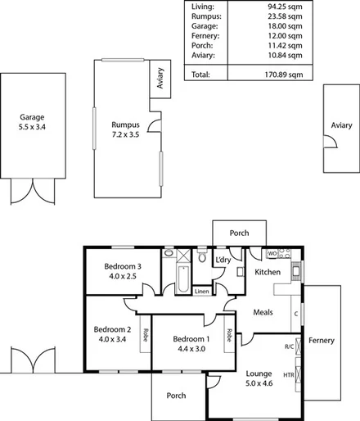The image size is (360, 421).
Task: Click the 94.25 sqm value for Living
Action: pos(281,7)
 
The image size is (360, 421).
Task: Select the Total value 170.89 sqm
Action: pos(279,75)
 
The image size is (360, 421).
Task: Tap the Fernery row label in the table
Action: pos(205,36)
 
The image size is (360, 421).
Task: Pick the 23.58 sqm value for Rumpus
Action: pos(281,16)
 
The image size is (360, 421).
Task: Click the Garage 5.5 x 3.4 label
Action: pos(32,122)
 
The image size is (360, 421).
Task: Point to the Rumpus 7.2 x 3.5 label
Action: pos(127,129)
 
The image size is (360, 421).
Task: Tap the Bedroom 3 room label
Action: pos(123,271)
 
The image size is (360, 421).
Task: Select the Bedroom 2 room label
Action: pos(113,334)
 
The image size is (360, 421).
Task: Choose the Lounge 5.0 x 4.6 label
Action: pos(259,378)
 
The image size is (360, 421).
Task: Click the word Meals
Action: pos(263,311)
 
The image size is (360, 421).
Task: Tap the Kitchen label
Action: pos(268,272)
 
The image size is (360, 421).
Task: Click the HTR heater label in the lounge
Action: pos(288,375)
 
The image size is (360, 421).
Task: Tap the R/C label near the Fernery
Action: pos(289,346)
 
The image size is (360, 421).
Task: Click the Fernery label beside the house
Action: pos(321,340)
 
